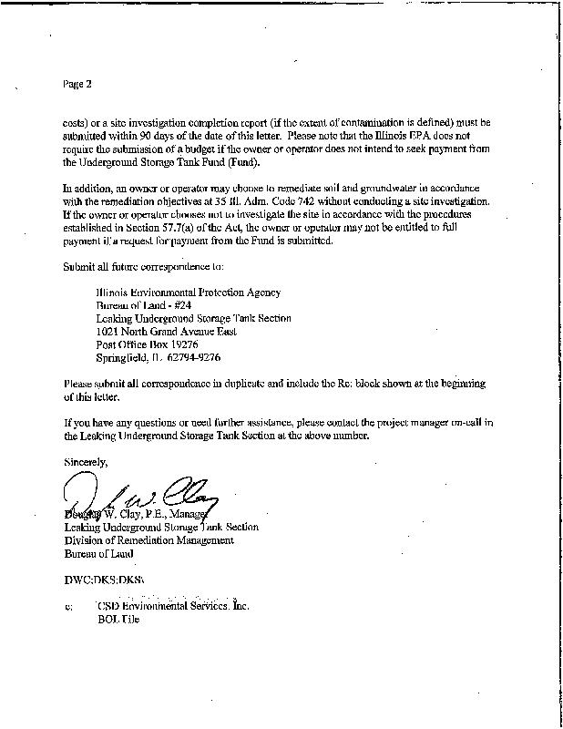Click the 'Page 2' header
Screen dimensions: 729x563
[x=77, y=85]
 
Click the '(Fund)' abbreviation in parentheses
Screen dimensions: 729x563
[x=240, y=162]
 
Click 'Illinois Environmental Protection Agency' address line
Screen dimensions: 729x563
[x=189, y=293]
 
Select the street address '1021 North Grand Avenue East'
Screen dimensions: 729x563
[x=167, y=332]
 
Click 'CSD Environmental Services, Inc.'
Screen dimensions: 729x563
[x=171, y=605]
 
